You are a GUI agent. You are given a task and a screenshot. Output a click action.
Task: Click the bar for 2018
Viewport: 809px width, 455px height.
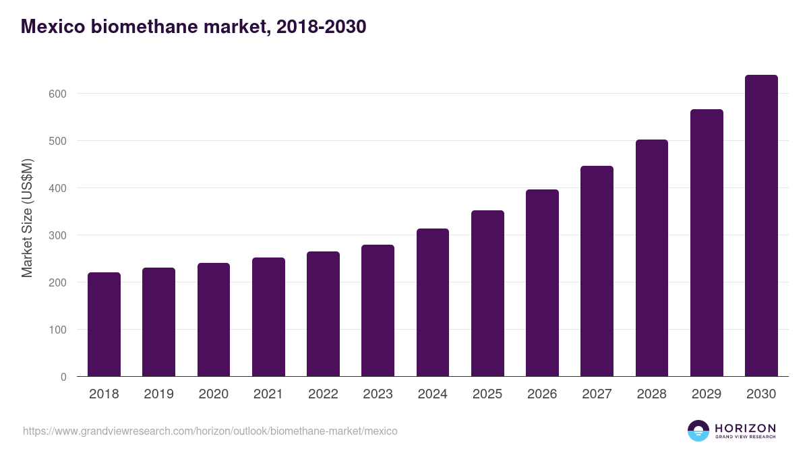[104, 324]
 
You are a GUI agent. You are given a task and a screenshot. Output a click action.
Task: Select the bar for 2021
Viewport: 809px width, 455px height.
[268, 317]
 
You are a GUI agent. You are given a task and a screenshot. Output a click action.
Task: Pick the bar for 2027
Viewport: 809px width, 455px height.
[597, 271]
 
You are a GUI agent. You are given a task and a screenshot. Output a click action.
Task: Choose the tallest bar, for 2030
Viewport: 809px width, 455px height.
[761, 226]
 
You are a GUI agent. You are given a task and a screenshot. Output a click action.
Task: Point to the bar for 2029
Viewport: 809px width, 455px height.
[707, 243]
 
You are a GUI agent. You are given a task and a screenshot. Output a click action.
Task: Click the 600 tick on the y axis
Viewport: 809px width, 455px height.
[59, 94]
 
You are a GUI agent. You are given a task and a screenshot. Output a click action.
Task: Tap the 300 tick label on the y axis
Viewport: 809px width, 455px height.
[59, 235]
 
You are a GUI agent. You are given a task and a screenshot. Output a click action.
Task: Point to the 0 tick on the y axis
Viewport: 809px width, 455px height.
[63, 377]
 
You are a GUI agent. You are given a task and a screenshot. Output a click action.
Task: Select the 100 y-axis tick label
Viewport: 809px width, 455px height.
[59, 330]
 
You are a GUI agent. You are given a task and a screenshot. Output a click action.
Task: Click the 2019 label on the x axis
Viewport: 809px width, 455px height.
[158, 394]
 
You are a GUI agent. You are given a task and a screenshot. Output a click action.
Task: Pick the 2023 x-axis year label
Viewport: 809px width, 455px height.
[378, 394]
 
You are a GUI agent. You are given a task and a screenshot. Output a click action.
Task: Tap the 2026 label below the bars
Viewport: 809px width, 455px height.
[542, 394]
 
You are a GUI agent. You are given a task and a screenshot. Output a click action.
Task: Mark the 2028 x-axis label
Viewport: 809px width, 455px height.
[652, 394]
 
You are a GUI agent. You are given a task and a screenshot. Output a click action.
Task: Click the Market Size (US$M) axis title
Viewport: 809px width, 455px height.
[27, 218]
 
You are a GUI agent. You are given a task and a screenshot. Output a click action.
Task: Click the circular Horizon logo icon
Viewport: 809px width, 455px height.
[698, 431]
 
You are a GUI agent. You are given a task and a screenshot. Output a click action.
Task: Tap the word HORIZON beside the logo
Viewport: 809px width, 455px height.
[745, 427]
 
